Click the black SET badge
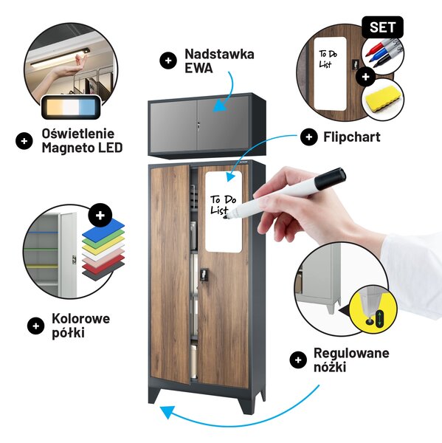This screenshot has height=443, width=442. pos(382,27)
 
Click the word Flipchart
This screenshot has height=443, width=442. pos(352,137)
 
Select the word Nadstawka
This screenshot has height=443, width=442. pos(219,54)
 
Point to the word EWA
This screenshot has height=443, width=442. pos(198,68)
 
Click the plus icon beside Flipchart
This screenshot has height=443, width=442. pos(309,137)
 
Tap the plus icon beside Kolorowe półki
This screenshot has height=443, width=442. pos(35,326)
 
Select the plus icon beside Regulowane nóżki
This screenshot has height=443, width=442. pos(298,360)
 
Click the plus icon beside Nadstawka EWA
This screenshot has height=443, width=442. pos(168,61)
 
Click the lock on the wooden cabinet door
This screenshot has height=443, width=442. pos(204,275)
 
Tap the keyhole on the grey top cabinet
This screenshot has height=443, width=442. pos(198,125)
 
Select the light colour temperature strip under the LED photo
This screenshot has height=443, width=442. pos(71,107)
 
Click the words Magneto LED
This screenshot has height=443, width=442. pos(82,148)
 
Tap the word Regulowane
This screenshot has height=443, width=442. pos(351,354)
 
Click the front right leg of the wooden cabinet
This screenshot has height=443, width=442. pos(244,401)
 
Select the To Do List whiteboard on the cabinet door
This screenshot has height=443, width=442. pos(224,212)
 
